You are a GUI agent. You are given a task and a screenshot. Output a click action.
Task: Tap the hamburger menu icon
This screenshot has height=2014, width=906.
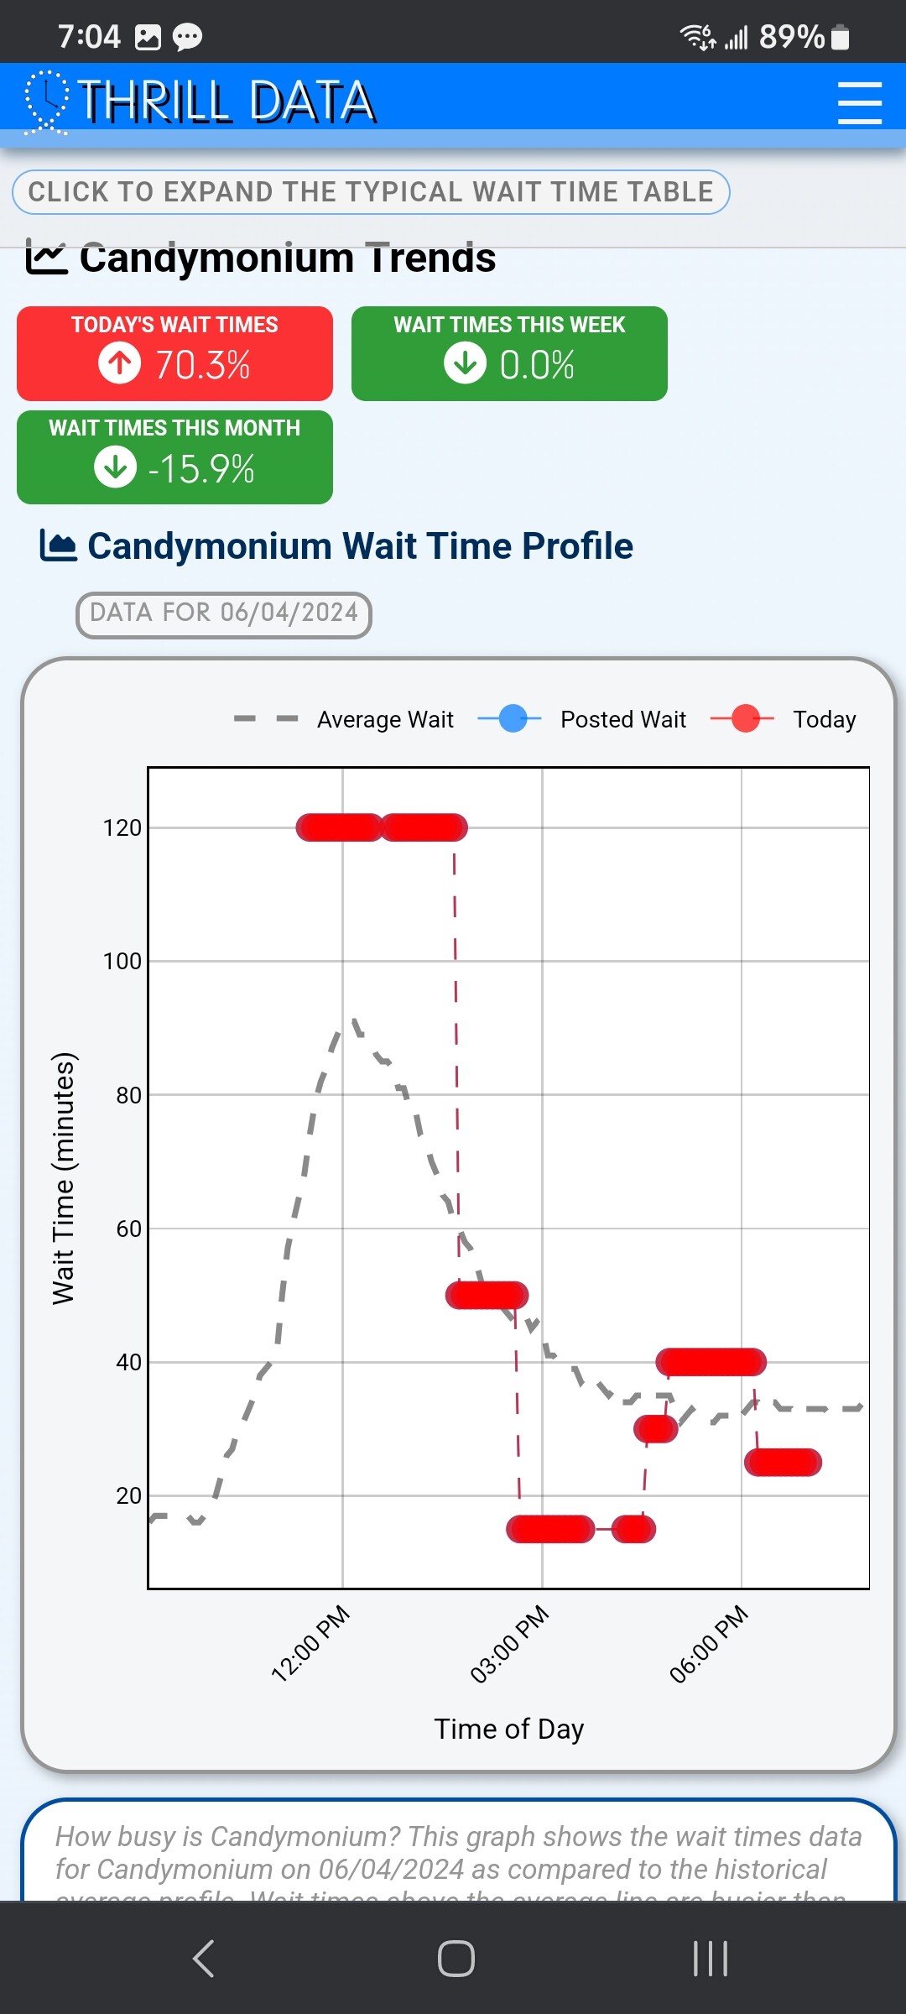point(859,103)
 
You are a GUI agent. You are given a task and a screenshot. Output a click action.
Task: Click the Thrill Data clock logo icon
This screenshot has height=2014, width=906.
point(47,102)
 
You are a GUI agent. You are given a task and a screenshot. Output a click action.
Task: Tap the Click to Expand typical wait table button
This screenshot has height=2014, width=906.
point(371,192)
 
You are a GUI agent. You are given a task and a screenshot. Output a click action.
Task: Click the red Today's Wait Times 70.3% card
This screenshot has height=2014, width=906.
point(174,353)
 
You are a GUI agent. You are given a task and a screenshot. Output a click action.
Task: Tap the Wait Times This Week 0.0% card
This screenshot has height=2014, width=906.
point(509,353)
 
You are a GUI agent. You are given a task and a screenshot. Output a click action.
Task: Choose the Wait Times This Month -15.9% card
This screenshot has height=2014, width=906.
point(174,457)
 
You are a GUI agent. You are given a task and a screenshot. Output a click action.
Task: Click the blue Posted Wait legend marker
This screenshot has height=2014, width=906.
point(512,719)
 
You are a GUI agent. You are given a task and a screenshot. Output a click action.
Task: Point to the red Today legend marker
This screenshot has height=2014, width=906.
point(744,719)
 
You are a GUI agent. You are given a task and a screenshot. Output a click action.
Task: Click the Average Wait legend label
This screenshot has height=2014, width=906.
point(385,720)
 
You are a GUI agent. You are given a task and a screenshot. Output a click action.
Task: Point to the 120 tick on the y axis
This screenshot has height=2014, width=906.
point(122,828)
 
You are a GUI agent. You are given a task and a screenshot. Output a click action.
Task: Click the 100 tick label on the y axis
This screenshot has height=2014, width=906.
point(122,962)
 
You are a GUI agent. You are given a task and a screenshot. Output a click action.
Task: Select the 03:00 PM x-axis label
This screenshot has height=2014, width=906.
point(509,1644)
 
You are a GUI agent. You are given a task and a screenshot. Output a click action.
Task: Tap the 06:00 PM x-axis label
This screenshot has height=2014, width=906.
point(709,1644)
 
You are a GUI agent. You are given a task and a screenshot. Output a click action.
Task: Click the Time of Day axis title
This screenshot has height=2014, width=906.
point(509,1730)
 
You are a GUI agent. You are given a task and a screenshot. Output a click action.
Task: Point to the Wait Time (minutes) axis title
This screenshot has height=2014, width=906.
point(64,1178)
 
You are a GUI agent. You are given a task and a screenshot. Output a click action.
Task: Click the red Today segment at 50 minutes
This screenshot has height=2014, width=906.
point(487,1295)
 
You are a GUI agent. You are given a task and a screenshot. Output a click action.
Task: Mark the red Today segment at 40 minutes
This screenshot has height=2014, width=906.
point(711,1362)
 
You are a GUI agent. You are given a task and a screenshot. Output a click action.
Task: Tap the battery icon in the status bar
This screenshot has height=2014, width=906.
point(840,38)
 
